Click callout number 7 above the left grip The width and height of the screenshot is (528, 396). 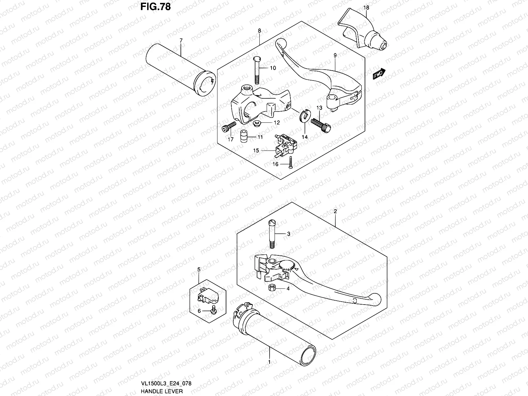coord(181,40)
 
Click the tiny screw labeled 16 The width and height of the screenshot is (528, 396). coord(290,163)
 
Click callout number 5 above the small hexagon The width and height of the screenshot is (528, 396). coord(199,270)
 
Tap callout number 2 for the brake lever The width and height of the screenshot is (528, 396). coord(335,212)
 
